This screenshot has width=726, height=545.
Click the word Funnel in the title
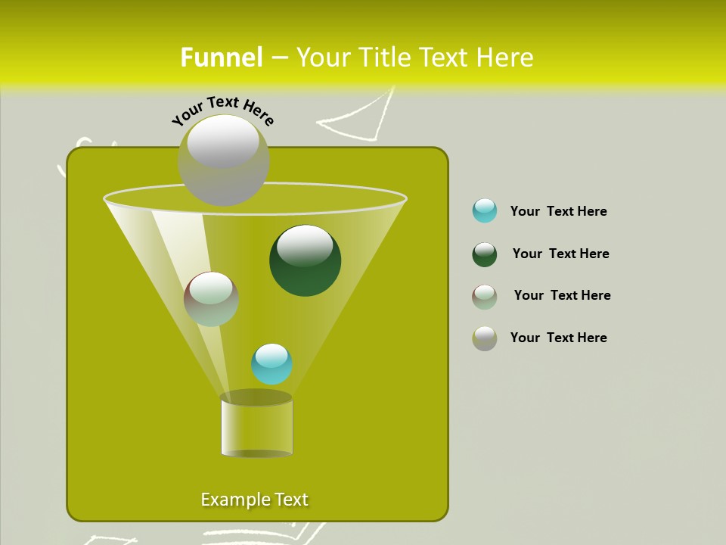point(221,58)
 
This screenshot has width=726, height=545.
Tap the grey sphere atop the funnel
point(223,160)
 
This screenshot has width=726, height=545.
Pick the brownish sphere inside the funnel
point(211,299)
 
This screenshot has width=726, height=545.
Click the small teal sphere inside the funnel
point(271,364)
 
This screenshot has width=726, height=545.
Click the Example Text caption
point(254,500)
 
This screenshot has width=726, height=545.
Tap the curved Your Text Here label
point(223,110)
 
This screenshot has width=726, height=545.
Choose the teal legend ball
point(485,210)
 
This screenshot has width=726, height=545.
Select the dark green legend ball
point(485,254)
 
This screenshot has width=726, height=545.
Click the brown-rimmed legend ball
point(485,297)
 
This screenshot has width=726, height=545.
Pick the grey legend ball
point(485,338)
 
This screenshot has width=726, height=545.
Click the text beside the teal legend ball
point(558,211)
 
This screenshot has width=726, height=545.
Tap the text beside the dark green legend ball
point(560,254)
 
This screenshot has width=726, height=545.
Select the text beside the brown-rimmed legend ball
point(562,295)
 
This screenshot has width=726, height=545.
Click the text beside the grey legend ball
point(558,338)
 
